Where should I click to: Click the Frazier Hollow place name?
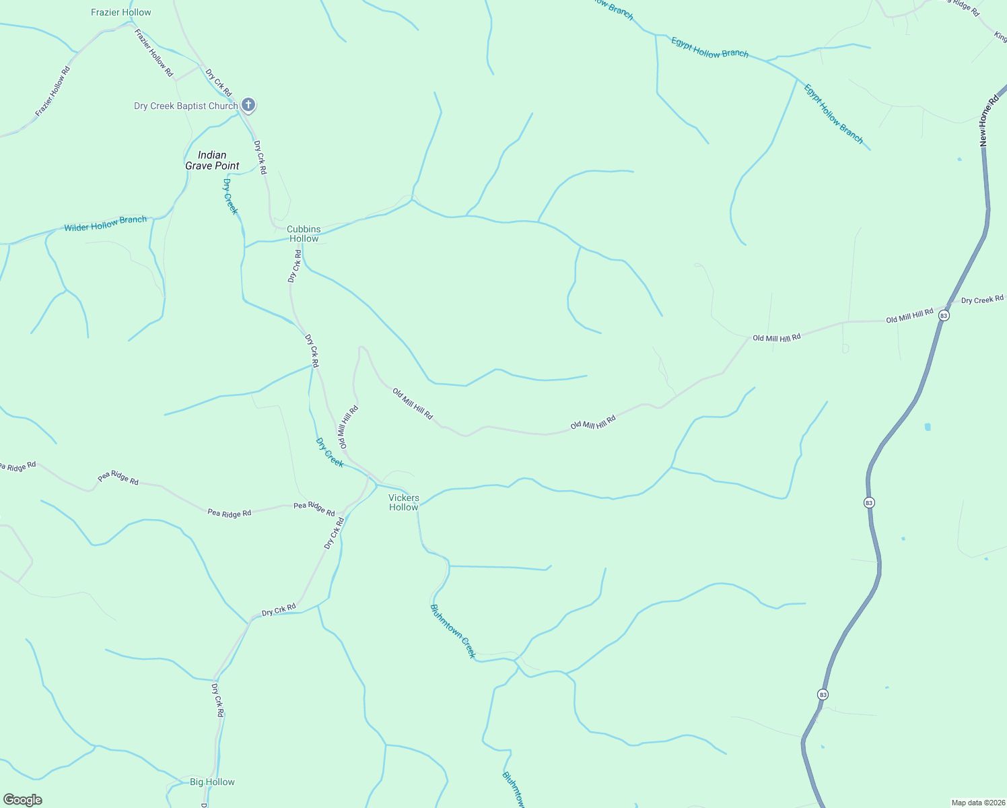coord(121,12)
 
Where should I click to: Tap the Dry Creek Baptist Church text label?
coord(186,106)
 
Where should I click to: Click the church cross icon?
coord(248,104)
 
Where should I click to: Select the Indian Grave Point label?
coord(212,160)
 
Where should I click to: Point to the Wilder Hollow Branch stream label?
coord(106,224)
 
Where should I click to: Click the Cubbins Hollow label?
coord(304,234)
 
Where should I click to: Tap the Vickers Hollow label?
coord(404,502)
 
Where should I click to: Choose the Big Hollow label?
coord(212,782)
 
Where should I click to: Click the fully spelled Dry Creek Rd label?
coord(982,300)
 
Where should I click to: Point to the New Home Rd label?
coord(989,121)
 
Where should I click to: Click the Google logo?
coord(23,800)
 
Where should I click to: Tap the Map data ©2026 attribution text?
coord(977,803)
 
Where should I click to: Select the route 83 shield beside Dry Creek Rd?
coord(944,315)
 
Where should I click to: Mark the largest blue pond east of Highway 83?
coord(928,427)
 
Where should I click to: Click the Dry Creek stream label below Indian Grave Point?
coord(231,197)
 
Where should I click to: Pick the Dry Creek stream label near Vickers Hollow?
coord(330,452)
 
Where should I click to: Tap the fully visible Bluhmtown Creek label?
coord(453,631)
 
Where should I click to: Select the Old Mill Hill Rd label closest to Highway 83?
coord(909,316)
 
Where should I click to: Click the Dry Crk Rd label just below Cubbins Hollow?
coord(294,266)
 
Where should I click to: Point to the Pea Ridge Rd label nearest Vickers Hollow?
coord(314,509)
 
